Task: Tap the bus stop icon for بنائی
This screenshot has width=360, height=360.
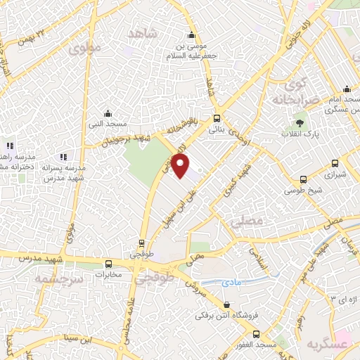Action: point(216,119)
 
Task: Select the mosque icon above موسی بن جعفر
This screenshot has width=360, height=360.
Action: point(191,37)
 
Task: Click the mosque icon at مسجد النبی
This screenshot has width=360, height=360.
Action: point(108,113)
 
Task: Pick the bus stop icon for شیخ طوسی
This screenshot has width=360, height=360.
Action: point(303,179)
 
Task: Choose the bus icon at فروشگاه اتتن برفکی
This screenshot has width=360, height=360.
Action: point(226,304)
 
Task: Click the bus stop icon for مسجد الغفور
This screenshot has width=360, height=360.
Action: point(256,335)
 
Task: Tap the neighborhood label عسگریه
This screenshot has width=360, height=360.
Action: point(328,345)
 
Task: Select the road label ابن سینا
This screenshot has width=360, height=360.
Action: point(75,340)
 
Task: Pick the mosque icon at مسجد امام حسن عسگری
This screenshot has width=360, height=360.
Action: point(347,89)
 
